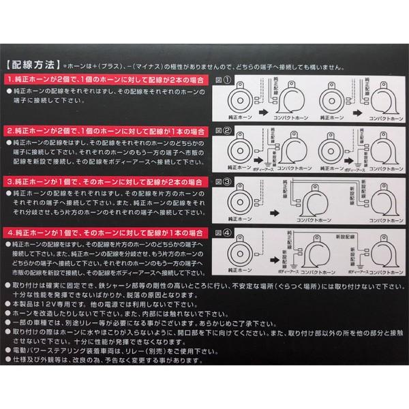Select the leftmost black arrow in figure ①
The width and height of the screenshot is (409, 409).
pyautogui.click(x=264, y=109)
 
